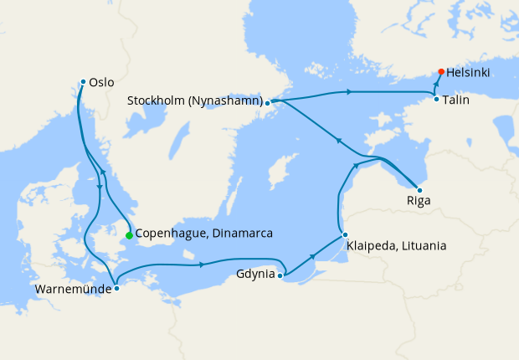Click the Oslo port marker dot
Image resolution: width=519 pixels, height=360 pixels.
[x=83, y=81]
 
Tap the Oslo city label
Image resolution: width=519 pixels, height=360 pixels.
[x=101, y=83]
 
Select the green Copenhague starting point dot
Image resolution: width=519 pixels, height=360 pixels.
[x=129, y=236]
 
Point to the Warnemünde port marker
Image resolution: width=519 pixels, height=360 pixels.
[x=116, y=288]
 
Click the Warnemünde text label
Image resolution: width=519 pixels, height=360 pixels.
[x=72, y=291]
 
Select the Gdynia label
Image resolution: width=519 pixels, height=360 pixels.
[x=256, y=274]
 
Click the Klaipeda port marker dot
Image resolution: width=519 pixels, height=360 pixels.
[x=344, y=234]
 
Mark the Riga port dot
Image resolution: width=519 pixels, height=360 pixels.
[x=419, y=190]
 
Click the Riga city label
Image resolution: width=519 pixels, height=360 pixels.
[x=419, y=201]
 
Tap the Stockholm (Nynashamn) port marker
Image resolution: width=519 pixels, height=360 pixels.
[x=267, y=103]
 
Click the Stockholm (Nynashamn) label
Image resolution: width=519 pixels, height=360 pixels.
[x=195, y=101]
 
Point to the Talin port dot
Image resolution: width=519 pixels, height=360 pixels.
[x=436, y=100]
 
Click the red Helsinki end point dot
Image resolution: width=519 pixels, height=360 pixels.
[x=440, y=72]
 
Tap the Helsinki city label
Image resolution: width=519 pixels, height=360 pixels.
[x=469, y=73]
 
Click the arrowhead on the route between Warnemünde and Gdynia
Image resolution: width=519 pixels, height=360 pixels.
[x=203, y=265]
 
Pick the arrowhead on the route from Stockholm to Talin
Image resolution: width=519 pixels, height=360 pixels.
[x=347, y=91]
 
